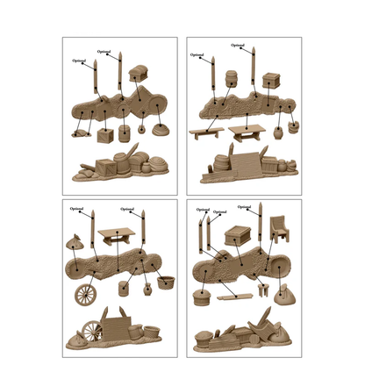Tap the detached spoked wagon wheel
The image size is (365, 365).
tap(88, 294)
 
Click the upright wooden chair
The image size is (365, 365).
tap(279, 231)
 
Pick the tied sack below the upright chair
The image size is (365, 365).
tap(283, 298)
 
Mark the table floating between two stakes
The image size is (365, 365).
tap(116, 235)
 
